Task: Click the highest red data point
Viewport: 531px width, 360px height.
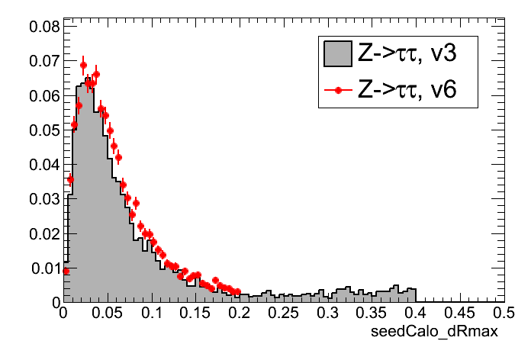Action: click(83, 65)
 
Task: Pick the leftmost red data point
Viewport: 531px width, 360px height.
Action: click(66, 271)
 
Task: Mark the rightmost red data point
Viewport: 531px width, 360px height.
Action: click(237, 291)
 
